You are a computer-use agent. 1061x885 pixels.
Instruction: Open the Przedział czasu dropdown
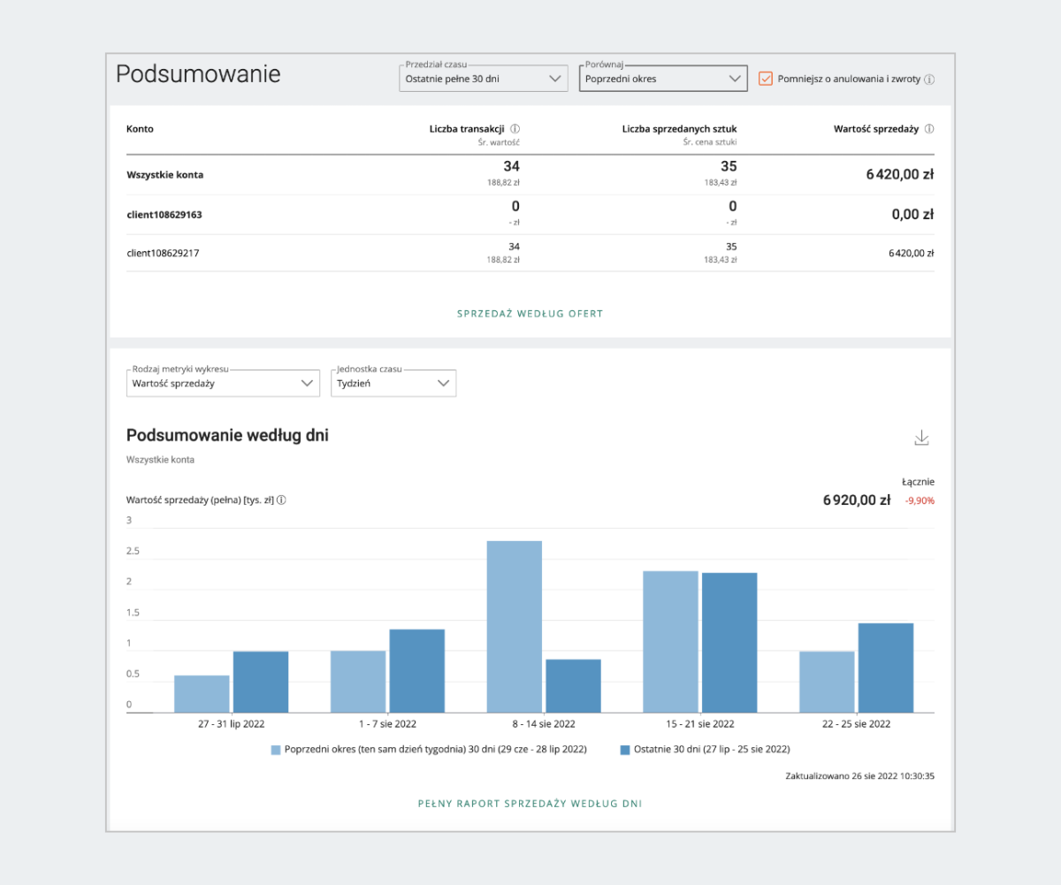pos(483,79)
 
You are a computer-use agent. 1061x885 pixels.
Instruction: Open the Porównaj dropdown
pos(663,79)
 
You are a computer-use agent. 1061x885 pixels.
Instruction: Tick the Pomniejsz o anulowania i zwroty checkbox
pos(766,79)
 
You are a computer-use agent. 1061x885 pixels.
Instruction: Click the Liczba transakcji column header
pos(468,129)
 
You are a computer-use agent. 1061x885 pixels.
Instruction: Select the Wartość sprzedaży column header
pos(878,129)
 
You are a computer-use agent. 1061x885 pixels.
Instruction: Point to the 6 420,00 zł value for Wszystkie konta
pos(899,175)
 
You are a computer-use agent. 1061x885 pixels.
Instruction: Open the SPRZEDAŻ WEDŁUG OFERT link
pos(530,314)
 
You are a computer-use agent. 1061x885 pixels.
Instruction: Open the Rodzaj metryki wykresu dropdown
pos(223,384)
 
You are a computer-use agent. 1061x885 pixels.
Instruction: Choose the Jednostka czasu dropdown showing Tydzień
pos(393,384)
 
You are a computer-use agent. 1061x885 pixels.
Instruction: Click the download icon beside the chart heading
pos(922,438)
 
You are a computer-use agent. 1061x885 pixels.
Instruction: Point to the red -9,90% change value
pos(920,501)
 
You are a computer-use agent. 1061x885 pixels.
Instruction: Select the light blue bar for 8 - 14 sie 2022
pos(515,626)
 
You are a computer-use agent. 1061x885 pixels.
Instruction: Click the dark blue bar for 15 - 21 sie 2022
pos(729,643)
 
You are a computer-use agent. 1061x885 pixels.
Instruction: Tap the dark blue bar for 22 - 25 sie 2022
pos(886,668)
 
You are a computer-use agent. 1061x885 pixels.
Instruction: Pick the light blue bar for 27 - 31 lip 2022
pos(202,694)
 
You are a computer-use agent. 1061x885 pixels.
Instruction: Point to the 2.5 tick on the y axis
pos(134,552)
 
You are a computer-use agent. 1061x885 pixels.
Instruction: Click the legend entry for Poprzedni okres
pos(428,750)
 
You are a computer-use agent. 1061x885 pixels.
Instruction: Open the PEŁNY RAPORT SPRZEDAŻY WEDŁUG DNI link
pos(530,805)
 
